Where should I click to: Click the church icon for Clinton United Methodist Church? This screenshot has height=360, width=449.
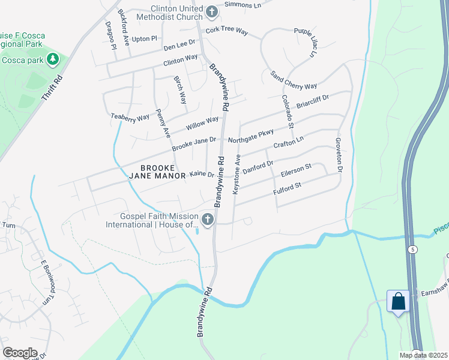pyautogui.click(x=211, y=11)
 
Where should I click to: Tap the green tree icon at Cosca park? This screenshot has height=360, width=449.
pyautogui.click(x=53, y=59)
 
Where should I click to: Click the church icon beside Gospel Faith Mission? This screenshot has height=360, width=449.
pyautogui.click(x=208, y=220)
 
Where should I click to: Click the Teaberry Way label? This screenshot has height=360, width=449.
pyautogui.click(x=130, y=118)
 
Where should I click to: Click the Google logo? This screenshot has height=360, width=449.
pyautogui.click(x=20, y=353)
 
